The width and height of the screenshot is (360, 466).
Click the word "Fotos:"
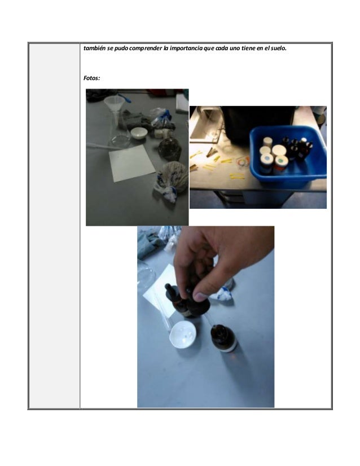91,78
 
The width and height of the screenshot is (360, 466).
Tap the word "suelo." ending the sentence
278,48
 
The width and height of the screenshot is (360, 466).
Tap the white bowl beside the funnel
139,133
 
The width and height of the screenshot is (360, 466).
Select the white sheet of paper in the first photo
131,163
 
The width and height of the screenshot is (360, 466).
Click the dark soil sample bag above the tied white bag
170,149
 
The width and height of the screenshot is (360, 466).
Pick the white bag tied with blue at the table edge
172,181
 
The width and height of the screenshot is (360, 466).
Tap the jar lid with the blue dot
267,159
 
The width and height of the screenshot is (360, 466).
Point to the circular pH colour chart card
243,161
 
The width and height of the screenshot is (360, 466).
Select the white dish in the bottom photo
183,335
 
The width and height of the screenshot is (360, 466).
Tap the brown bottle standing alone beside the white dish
223,338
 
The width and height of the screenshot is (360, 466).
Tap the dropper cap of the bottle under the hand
169,289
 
